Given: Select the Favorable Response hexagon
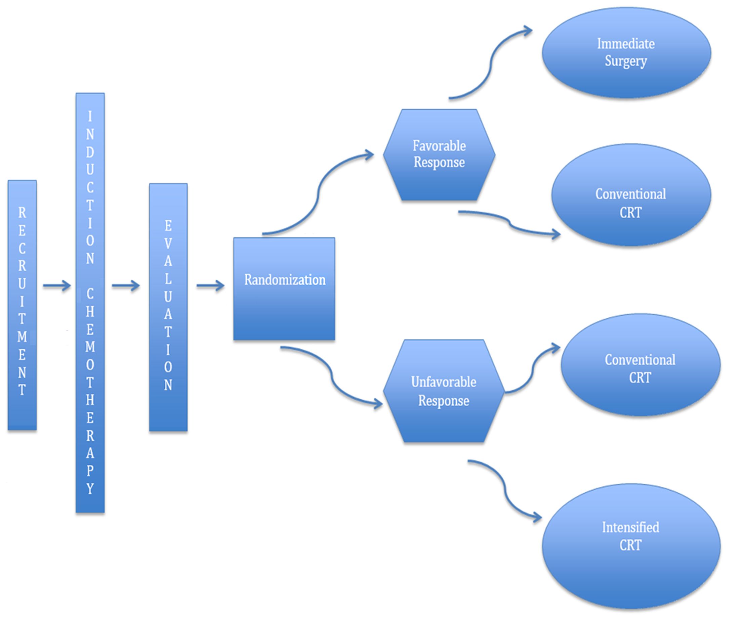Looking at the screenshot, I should click(x=439, y=155).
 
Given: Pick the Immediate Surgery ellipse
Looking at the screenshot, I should click(x=626, y=53).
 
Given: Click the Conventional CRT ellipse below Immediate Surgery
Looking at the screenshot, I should click(x=631, y=195).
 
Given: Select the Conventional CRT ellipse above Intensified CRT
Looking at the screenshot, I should click(x=640, y=365).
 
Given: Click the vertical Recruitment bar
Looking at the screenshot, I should click(x=22, y=305).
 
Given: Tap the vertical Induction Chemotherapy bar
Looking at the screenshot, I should click(x=90, y=303).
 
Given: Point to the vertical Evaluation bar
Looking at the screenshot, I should click(x=168, y=307).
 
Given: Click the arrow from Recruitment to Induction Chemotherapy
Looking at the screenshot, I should click(x=57, y=285).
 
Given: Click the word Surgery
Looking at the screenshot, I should click(x=626, y=61).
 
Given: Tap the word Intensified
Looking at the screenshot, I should click(x=630, y=527).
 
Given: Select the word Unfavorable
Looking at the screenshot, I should click(x=444, y=382).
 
